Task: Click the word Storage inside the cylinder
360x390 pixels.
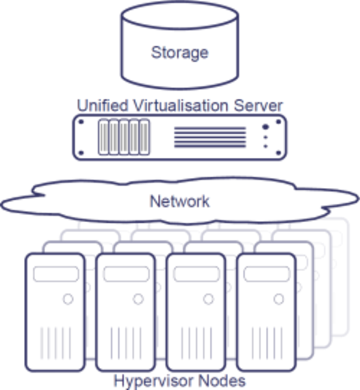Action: (x=179, y=53)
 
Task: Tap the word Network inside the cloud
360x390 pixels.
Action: (x=179, y=201)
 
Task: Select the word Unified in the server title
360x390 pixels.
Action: (x=103, y=105)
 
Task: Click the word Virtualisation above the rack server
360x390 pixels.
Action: (x=181, y=105)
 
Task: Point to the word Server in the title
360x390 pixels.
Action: (x=258, y=105)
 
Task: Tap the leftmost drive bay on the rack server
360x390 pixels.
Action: (x=103, y=137)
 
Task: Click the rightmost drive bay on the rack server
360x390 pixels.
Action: (x=144, y=137)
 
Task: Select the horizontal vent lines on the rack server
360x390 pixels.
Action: (x=210, y=137)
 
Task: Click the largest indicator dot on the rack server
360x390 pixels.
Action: (x=266, y=127)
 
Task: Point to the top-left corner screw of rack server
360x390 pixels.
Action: (x=81, y=122)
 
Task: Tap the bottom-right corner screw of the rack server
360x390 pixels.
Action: (x=279, y=153)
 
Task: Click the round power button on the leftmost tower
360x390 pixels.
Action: (x=68, y=299)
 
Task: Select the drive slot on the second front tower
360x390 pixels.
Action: (x=127, y=274)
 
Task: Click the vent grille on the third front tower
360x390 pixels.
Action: (x=196, y=343)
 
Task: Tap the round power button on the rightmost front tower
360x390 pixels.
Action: (x=279, y=299)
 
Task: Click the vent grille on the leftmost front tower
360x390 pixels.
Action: (x=56, y=343)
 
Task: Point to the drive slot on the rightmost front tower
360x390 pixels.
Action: (x=267, y=274)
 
